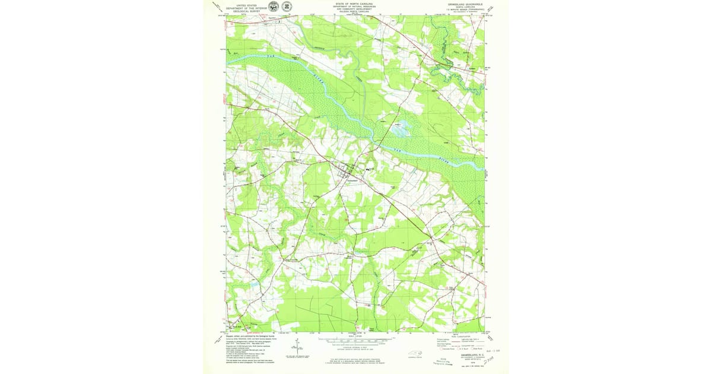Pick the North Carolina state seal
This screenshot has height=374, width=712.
click(287, 7)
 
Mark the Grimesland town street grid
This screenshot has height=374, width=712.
click(344, 172)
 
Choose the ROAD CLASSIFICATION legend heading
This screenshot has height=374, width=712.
click(460, 335)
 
